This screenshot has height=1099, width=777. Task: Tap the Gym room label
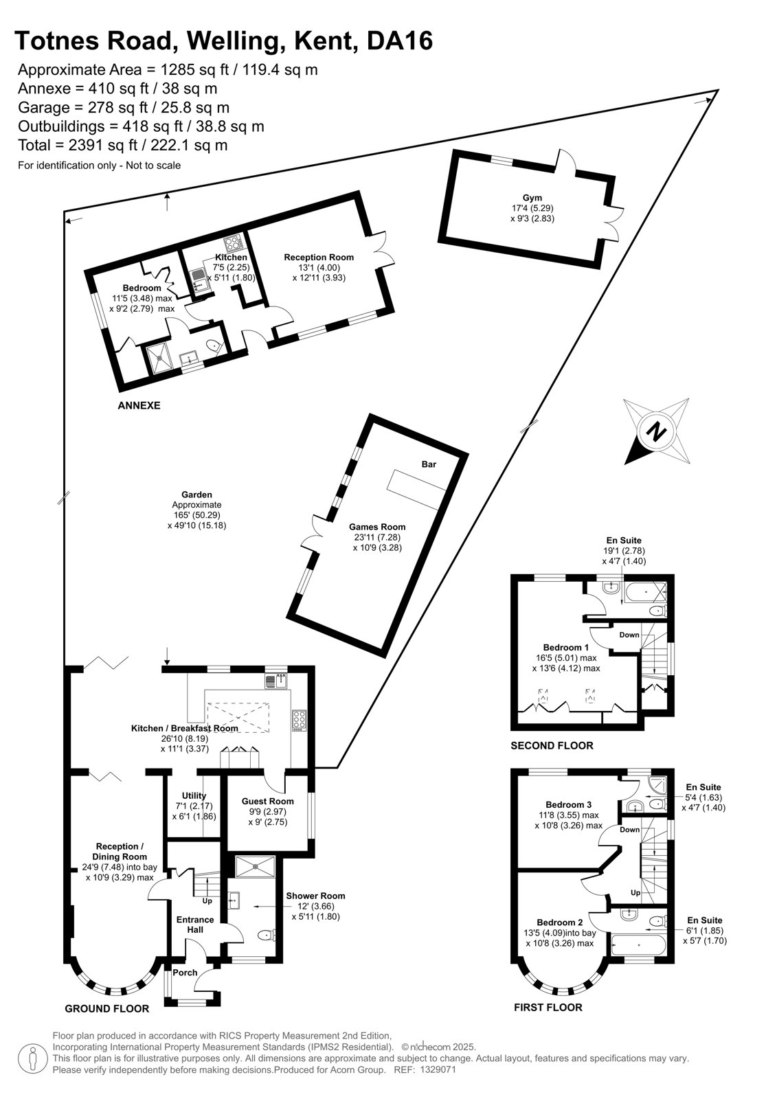point(532,198)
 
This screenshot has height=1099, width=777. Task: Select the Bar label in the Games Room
point(429,464)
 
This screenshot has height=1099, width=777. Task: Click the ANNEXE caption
point(139,405)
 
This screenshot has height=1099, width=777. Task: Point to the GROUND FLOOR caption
point(107,1008)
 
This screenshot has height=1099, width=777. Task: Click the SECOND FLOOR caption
point(552,745)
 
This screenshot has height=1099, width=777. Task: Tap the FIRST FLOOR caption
point(548,1007)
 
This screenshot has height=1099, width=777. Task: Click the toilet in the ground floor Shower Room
point(267,935)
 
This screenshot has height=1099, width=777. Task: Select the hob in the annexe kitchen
point(234,243)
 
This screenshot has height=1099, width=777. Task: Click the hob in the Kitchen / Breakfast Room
point(298,721)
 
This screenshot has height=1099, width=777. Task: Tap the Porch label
point(185,973)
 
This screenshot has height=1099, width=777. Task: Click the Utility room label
point(194,795)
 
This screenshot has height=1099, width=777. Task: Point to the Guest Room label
point(267,801)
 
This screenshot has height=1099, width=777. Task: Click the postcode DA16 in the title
point(400,41)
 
